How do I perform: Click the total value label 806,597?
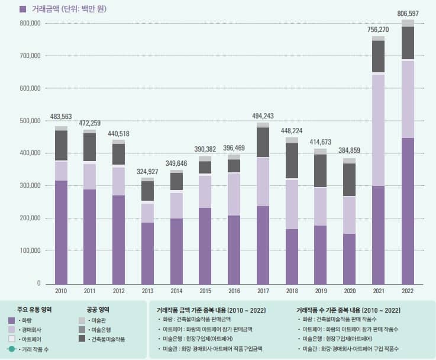408,13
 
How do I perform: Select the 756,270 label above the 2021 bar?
379,30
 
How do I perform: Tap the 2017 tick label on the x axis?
263,291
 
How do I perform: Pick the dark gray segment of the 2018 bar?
292,160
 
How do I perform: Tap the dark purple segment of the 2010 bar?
61,231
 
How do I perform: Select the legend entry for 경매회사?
28,330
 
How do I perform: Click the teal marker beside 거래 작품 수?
12,349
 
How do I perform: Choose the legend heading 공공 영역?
98,310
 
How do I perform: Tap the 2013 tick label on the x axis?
147,291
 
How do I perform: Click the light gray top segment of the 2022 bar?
408,23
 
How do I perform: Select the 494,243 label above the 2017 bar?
263,116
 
